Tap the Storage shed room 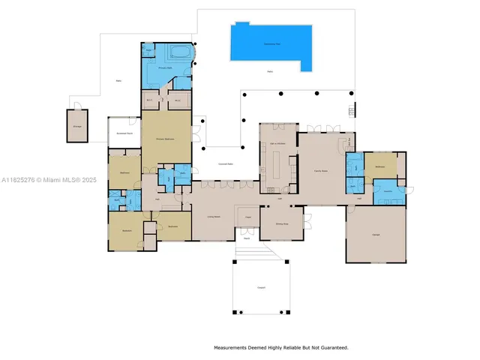click(x=77, y=125)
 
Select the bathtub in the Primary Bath click(x=178, y=53)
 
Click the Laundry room click(x=388, y=190)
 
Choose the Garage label click(x=375, y=235)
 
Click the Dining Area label click(x=281, y=223)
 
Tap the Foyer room click(x=247, y=217)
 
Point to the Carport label click(x=262, y=287)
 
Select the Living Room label click(x=213, y=217)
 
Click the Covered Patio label click(x=225, y=163)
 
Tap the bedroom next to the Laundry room click(x=380, y=166)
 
